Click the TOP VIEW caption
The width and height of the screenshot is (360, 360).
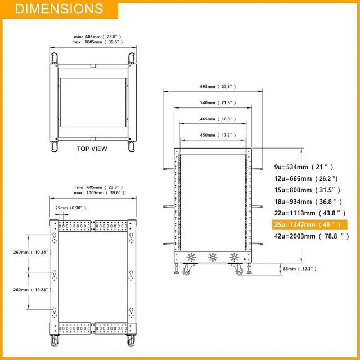pyautogui.click(x=92, y=149)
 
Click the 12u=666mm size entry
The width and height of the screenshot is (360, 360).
pyautogui.click(x=305, y=178)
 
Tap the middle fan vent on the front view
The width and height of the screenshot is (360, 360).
pyautogui.click(x=213, y=258)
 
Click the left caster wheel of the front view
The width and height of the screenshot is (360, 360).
pyautogui.click(x=186, y=271)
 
